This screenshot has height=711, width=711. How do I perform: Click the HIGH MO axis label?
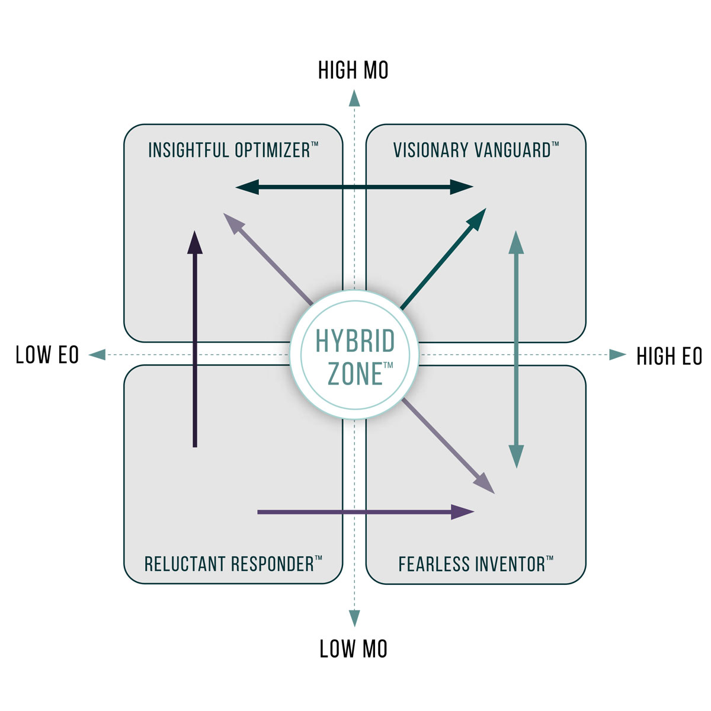(353, 70)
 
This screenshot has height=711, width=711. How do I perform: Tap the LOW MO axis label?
(353, 649)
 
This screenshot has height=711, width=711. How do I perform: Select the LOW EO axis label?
(47, 355)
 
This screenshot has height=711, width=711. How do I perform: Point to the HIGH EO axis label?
(668, 356)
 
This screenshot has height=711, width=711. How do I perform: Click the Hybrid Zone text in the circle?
(354, 357)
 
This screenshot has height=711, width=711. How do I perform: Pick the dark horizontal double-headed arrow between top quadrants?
(354, 188)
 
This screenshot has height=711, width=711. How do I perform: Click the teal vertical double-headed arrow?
(517, 350)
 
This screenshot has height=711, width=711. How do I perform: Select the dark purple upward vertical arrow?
(195, 338)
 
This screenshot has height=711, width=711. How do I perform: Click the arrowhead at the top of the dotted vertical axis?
(354, 98)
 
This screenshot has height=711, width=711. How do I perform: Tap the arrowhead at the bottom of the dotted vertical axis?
(354, 618)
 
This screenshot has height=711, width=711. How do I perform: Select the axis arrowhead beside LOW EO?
(97, 355)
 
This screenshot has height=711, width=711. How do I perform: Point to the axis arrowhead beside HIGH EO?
(617, 355)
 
